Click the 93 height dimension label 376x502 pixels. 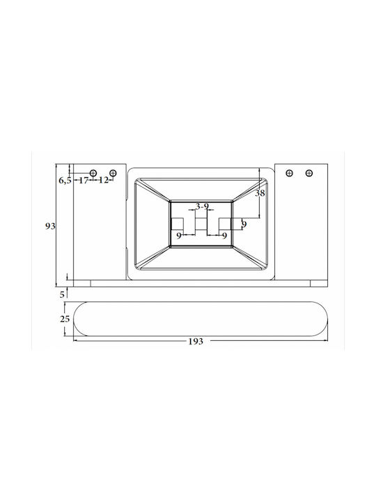point(50,227)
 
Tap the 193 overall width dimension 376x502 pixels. point(196,342)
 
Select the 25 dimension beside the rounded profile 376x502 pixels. point(65,319)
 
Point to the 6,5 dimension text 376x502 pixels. point(65,181)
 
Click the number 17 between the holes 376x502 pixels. point(84,181)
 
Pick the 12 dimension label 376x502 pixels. point(103,181)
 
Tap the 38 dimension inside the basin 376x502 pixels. point(260,193)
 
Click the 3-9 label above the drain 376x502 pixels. point(202,206)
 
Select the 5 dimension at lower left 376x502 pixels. point(62,294)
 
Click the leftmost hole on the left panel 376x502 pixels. point(93,173)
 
